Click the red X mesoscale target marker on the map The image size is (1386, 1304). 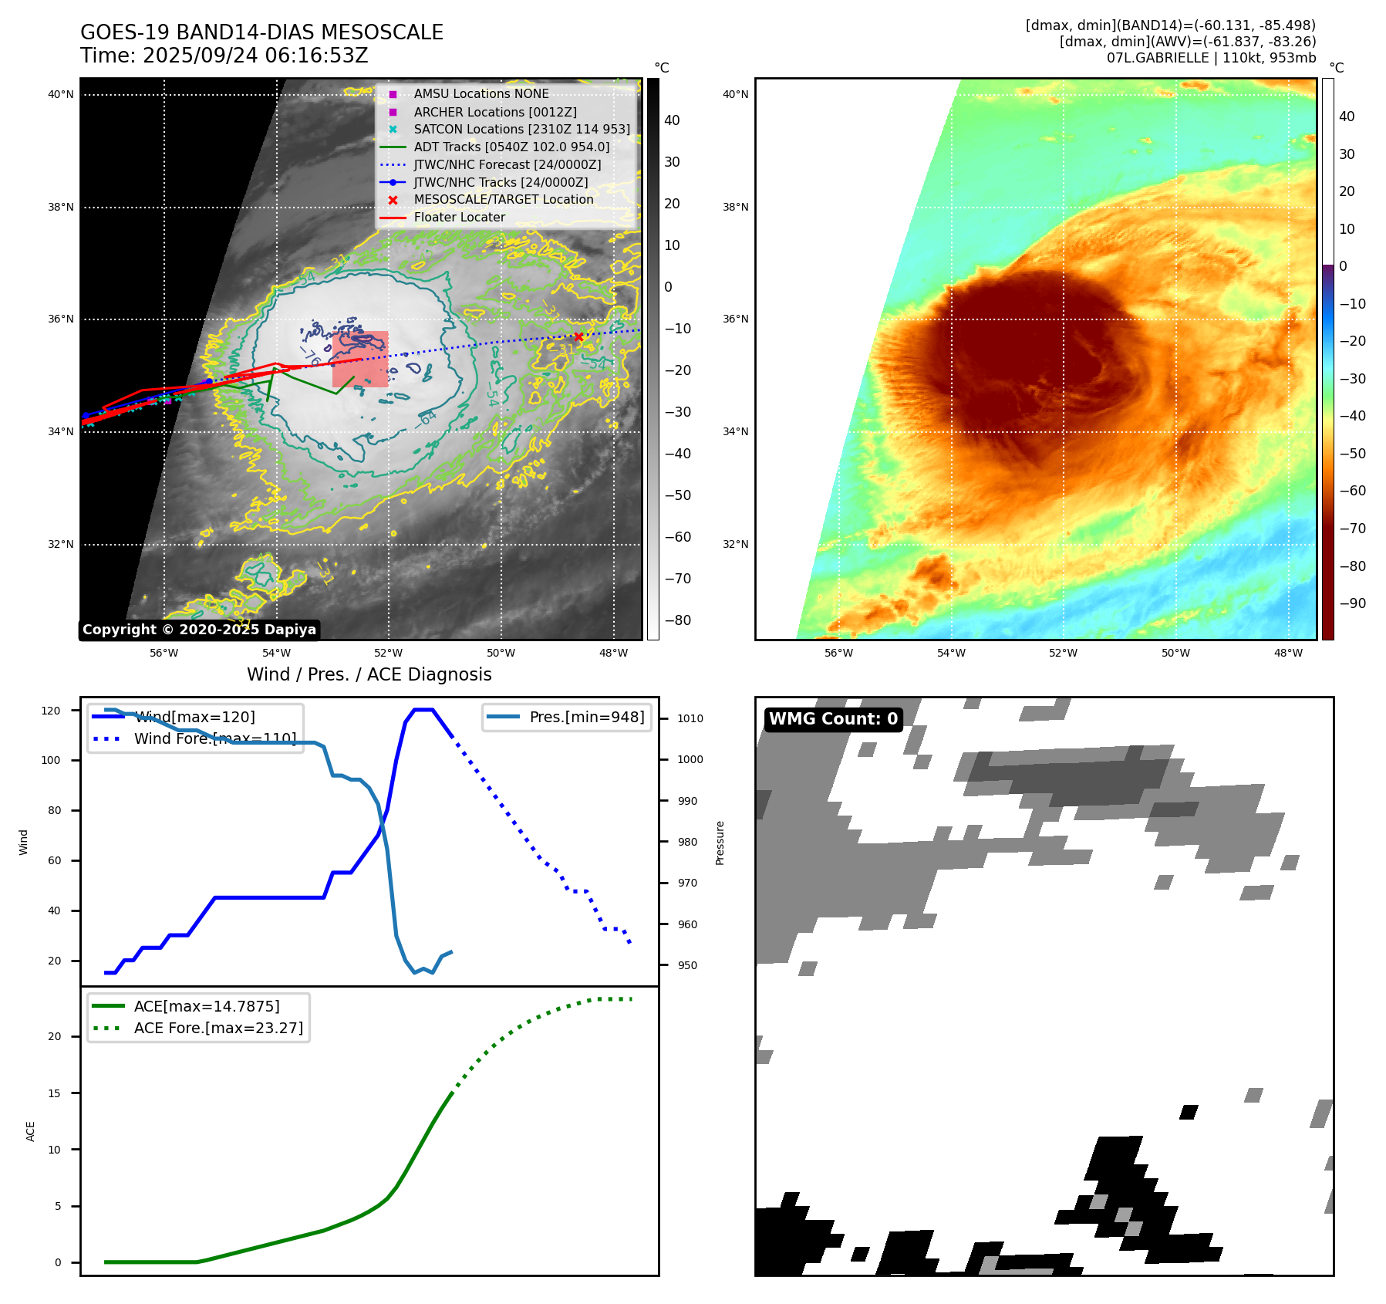[x=578, y=336]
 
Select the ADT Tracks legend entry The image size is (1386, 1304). [x=511, y=147]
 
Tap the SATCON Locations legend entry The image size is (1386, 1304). [x=521, y=129]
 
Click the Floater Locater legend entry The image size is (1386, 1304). [x=459, y=217]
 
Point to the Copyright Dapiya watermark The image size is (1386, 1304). [x=199, y=630]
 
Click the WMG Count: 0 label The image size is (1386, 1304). [x=833, y=718]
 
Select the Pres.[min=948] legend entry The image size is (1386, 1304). [x=586, y=717]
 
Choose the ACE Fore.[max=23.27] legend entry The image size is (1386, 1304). [x=218, y=1028]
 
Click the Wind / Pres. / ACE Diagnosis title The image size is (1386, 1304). [x=369, y=674]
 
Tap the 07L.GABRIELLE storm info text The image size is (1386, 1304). [x=1211, y=58]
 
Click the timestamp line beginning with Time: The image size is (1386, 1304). [x=224, y=56]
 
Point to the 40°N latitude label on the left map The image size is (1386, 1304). [x=61, y=95]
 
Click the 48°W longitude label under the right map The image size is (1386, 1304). [x=1288, y=653]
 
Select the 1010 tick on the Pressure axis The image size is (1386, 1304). [x=690, y=718]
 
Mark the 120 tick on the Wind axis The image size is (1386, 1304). [x=51, y=711]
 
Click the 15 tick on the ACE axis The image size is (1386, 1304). [x=54, y=1093]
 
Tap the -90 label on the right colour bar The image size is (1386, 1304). [x=1353, y=603]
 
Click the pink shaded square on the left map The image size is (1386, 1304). [x=360, y=360]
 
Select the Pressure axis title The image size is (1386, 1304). [x=720, y=843]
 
